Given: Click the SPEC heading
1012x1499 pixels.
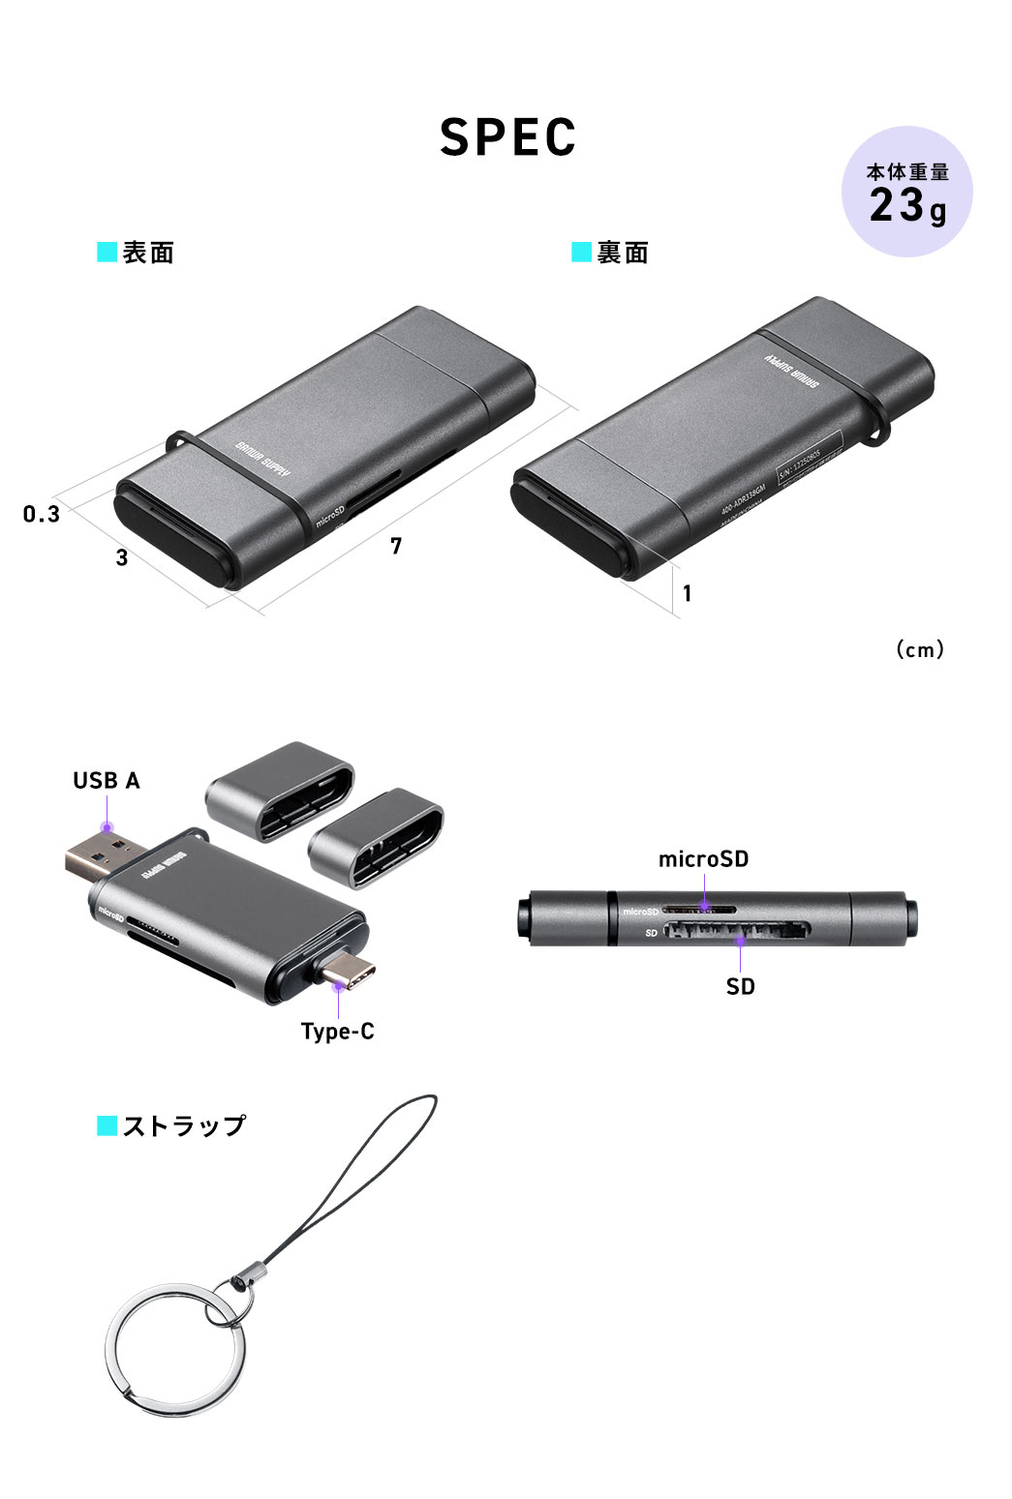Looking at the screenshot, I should pos(507,137).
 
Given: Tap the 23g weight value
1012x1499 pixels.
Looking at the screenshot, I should pos(907,206).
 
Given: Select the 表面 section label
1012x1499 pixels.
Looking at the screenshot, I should pos(147,254).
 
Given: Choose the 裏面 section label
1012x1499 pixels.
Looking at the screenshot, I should pos(622,254).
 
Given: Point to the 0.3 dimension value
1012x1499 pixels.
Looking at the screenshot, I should pos(42,514).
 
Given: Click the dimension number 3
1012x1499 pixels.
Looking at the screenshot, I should pos(122,558).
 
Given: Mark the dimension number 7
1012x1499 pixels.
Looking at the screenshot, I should pos(395,547).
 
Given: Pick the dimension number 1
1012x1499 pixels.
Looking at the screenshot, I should pos(687,593).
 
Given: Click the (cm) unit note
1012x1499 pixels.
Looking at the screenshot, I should pos(919,649).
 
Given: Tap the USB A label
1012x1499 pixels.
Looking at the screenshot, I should pos(107,781).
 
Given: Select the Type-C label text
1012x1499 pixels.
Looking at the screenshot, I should pos(337,1032).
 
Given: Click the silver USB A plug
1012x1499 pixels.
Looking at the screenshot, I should pos(97,859).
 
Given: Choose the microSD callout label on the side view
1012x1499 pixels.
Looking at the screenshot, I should pos(703,859).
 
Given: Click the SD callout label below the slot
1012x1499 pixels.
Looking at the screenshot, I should pos(740,987).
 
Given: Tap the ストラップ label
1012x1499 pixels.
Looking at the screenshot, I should pos(184,1126).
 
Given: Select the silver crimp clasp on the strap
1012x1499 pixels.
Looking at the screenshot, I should pos(249,1276).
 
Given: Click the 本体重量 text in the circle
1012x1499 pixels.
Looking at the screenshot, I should pos(907,172).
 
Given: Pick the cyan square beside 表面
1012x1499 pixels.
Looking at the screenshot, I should pos(107,253).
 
